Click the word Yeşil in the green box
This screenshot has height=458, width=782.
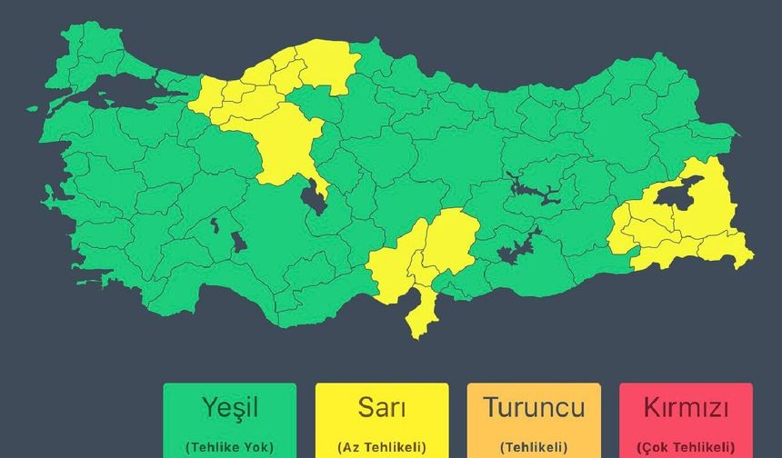229,407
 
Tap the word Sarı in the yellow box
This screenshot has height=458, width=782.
381,407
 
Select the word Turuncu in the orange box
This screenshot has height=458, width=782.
534,407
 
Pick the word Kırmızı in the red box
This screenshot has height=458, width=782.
686,407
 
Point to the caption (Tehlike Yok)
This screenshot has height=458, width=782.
229,447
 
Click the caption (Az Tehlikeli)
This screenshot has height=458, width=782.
381,447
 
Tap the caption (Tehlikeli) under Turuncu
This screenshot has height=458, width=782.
534,447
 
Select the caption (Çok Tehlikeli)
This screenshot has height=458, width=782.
686,447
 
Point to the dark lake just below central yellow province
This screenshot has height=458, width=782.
315,196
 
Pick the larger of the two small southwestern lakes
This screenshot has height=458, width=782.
238,242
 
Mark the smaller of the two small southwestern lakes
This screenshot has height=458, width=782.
215,224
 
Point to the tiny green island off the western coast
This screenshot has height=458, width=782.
33,108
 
